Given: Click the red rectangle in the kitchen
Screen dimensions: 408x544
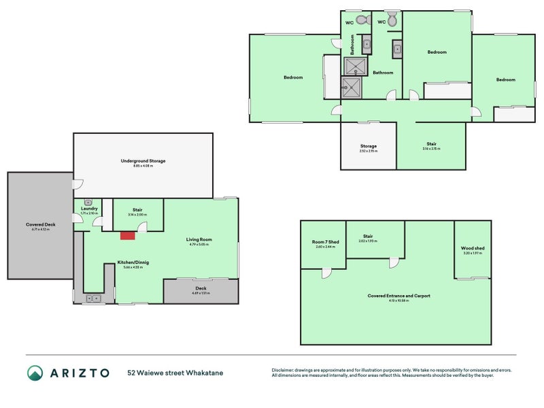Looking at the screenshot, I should (x=127, y=235).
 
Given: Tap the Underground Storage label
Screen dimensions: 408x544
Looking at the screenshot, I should (x=143, y=161).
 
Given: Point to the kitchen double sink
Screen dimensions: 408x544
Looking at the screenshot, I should (x=92, y=298).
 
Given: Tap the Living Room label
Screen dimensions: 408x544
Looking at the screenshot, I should (x=200, y=239).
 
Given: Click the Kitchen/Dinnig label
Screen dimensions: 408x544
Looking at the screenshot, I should (x=133, y=262).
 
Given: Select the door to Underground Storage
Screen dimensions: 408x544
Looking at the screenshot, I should (x=78, y=184).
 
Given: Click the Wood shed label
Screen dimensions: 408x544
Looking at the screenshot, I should (x=472, y=248).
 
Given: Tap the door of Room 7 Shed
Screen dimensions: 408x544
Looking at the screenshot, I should (x=326, y=273).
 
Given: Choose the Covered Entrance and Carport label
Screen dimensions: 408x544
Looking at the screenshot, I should (x=398, y=296).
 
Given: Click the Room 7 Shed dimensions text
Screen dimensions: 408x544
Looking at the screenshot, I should (x=323, y=247).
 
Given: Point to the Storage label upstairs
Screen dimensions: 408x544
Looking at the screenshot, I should (x=369, y=146).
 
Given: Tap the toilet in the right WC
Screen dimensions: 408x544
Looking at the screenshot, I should (x=392, y=20).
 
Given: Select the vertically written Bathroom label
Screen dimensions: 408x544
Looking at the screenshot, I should (x=353, y=45).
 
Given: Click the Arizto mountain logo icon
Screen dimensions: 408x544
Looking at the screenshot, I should (x=35, y=373).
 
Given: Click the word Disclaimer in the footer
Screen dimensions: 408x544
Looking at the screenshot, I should (x=285, y=370).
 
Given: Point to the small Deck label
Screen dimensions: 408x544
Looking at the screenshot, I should (x=201, y=288).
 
